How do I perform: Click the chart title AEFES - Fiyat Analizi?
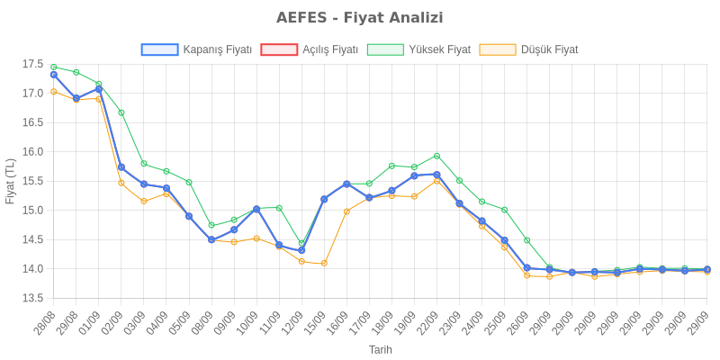coord(359,18)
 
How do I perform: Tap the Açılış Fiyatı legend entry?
coord(310,49)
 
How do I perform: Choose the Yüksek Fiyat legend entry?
coord(419,49)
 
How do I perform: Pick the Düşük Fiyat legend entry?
coord(529,49)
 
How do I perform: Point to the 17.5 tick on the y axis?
coord(32,64)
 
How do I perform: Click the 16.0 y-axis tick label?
coord(32,152)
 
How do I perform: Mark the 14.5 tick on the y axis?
coord(32,239)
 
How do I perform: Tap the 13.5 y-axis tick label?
coord(32,298)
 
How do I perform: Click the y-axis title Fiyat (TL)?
coord(10,181)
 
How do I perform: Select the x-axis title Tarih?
coord(380,349)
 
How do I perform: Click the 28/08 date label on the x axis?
coord(45,321)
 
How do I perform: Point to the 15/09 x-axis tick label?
coord(316,321)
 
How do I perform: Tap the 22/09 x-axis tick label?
coord(428,321)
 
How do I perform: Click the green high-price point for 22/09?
coord(436,156)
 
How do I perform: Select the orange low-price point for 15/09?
coord(324,263)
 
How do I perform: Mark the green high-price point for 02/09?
coord(121,112)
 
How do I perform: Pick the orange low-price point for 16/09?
coord(346,211)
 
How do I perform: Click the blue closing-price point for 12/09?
coord(301,250)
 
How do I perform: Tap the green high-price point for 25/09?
coord(504,210)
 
